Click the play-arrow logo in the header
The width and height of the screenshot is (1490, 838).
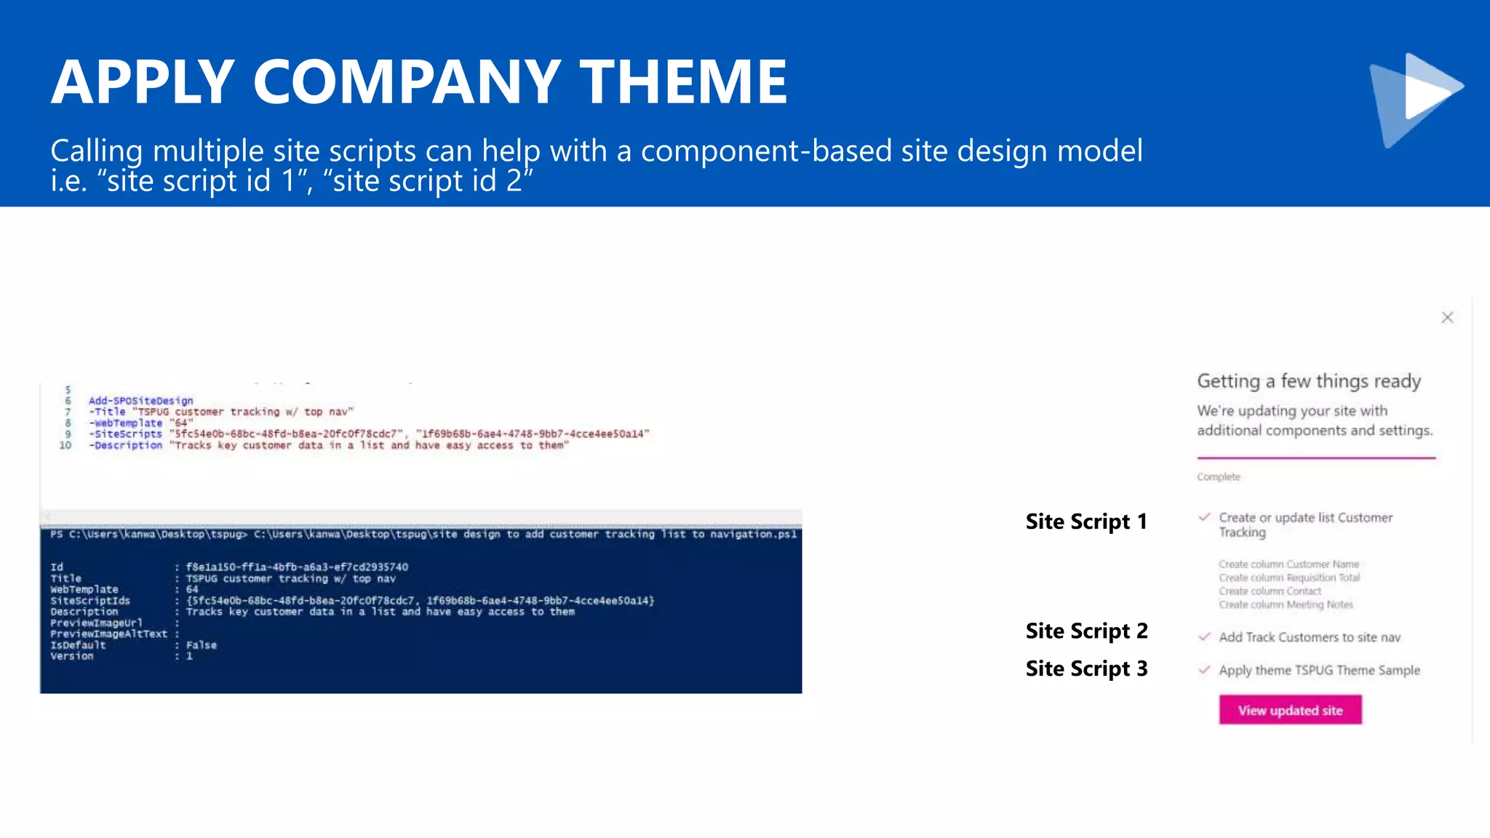tap(1416, 98)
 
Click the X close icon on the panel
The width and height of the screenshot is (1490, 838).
tap(1447, 317)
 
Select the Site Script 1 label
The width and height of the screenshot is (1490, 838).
tap(1085, 522)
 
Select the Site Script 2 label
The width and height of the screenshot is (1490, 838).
tap(1086, 631)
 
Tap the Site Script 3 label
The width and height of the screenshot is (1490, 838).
tap(1086, 669)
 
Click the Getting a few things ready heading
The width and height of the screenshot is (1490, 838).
tap(1309, 381)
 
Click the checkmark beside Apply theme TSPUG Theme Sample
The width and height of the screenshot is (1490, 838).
tap(1204, 670)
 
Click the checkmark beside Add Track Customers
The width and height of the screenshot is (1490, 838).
tap(1204, 637)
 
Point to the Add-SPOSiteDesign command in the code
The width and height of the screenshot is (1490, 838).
tap(140, 401)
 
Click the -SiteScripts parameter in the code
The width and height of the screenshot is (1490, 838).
tap(125, 434)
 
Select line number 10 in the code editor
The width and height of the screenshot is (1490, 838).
tap(65, 445)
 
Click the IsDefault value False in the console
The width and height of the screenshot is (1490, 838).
tap(201, 645)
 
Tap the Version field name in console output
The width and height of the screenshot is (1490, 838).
tap(71, 656)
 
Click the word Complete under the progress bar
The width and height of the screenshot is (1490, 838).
tap(1218, 477)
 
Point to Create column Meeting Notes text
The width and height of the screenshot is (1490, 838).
tap(1286, 604)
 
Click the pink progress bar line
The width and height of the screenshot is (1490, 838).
tap(1315, 458)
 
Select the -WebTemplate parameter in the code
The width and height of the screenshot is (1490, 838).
tap(125, 423)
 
